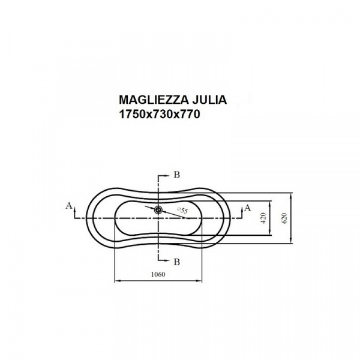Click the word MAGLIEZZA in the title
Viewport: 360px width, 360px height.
pos(154,100)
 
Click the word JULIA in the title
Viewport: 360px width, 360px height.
pos(209,100)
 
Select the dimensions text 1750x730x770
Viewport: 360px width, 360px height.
pos(160,114)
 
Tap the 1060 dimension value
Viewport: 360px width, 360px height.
pos(158,274)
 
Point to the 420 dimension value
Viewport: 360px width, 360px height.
pos(263,218)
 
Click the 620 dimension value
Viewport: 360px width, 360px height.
pos(284,218)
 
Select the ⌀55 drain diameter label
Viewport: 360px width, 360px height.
pos(182,211)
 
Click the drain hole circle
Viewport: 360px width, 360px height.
pos(158,209)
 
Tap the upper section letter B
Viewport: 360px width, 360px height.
pos(176,175)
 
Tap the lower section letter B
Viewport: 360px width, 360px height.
pos(176,262)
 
